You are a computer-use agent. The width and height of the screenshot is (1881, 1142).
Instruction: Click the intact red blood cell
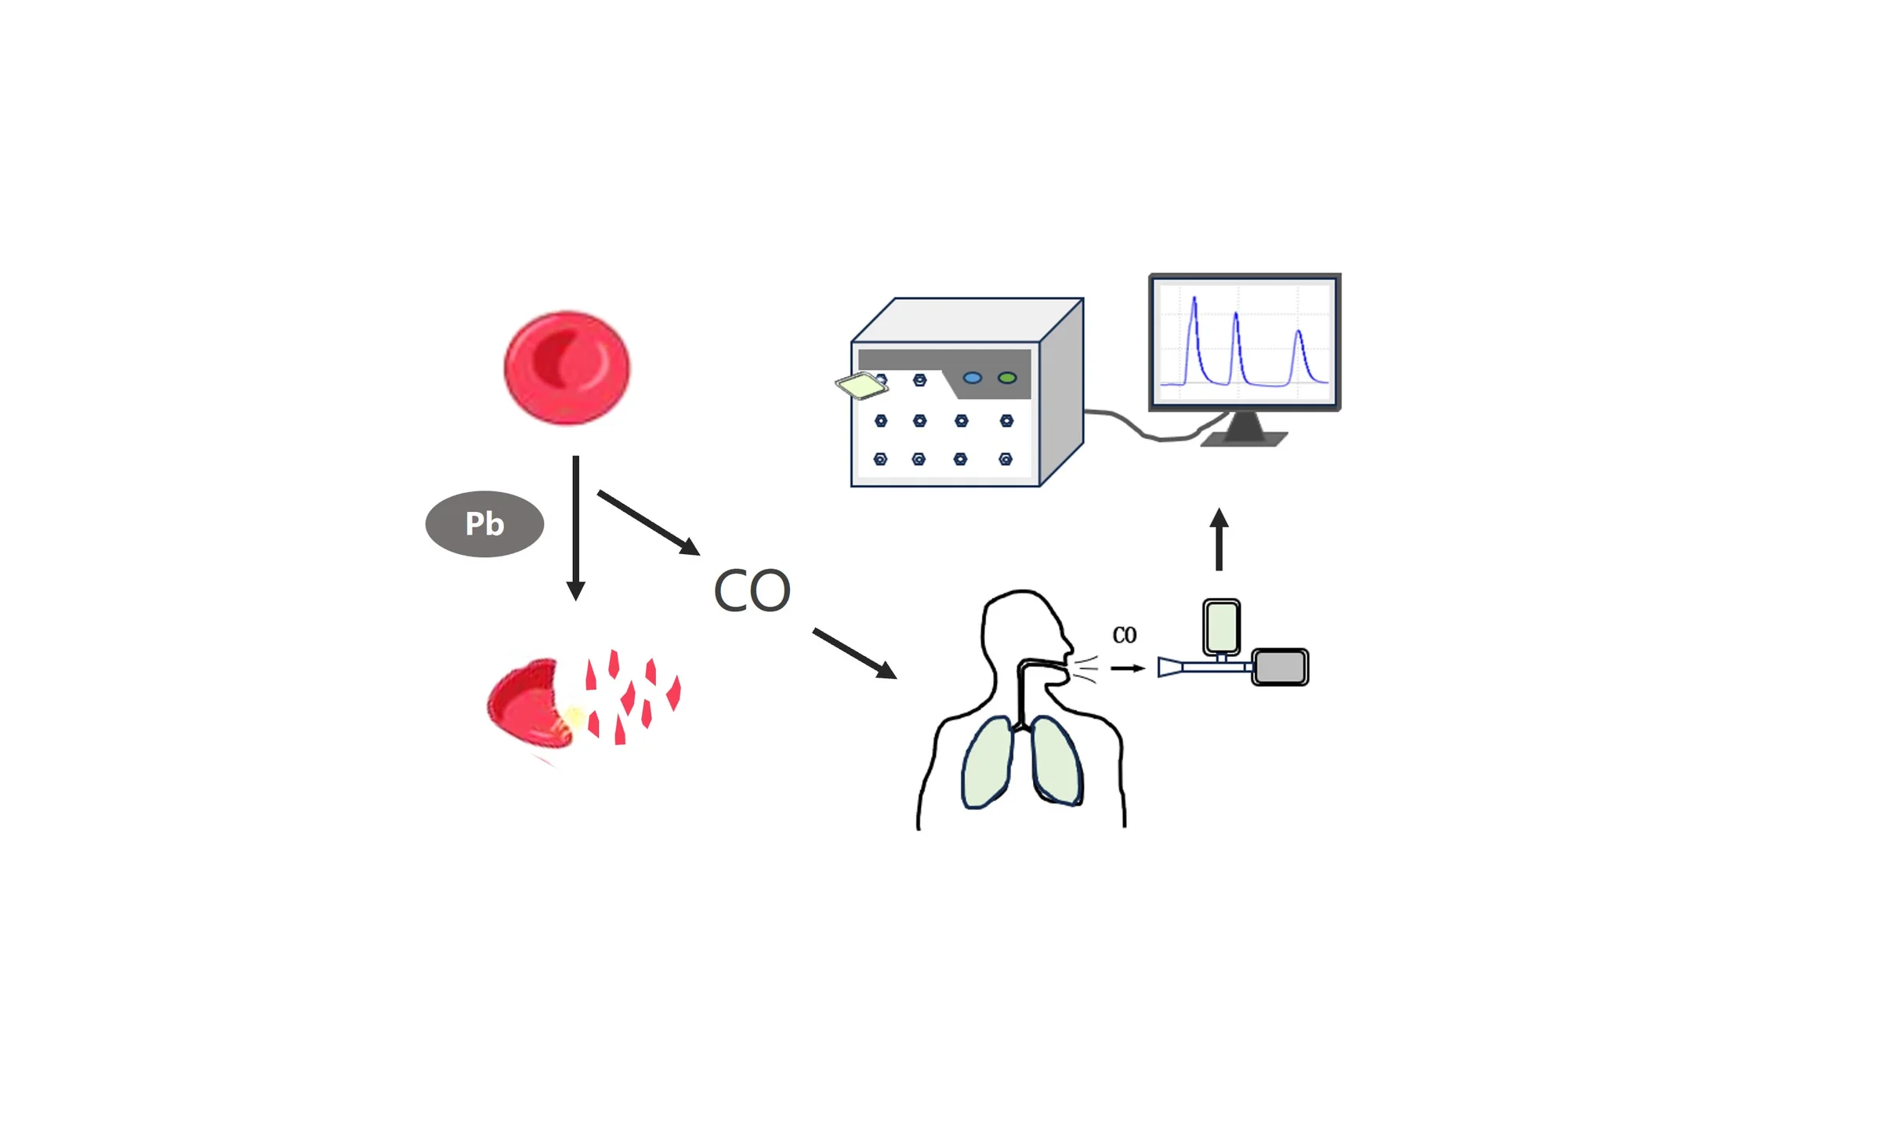click(567, 368)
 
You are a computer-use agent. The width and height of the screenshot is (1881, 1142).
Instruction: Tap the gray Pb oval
click(484, 524)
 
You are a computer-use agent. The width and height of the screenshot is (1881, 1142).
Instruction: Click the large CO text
click(752, 590)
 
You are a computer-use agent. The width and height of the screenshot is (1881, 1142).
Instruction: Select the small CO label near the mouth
click(1124, 635)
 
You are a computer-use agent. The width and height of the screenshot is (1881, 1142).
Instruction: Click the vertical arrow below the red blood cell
click(576, 527)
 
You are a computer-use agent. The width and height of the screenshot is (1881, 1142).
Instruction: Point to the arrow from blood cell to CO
click(649, 523)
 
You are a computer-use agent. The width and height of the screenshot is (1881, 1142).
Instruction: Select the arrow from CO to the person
click(855, 653)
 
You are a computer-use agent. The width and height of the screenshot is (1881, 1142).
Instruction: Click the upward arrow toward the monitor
click(1219, 539)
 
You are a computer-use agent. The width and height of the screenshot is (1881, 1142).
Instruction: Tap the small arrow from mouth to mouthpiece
click(1128, 669)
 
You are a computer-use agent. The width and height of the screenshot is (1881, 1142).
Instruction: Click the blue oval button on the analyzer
click(972, 378)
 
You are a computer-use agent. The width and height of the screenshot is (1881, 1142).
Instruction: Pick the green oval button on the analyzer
click(1007, 378)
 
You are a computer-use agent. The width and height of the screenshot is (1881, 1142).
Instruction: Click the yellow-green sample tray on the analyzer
click(861, 386)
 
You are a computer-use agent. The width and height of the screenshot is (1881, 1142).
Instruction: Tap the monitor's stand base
click(1244, 439)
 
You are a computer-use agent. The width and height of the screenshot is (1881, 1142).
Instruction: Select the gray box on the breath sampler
click(1280, 667)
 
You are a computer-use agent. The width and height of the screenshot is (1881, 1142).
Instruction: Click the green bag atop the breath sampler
click(1221, 626)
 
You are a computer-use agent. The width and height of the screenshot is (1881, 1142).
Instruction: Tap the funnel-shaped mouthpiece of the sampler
click(1170, 668)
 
